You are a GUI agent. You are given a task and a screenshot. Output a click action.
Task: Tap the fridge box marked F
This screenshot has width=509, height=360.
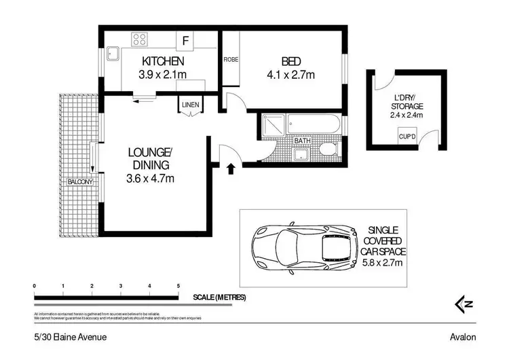pos(185,41)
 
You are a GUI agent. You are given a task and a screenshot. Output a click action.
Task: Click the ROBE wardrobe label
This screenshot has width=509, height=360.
pos(230,59)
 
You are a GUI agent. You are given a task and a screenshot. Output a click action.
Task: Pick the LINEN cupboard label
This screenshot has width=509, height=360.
pos(190,105)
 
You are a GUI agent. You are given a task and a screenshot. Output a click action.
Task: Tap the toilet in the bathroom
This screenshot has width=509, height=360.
pos(328,148)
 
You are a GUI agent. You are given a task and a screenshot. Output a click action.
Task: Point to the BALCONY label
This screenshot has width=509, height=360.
pos(81,182)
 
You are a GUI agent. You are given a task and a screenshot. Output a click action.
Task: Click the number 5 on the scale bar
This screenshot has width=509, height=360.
pos(178,286)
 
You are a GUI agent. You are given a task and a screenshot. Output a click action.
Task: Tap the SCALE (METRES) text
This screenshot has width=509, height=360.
pos(219,298)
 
